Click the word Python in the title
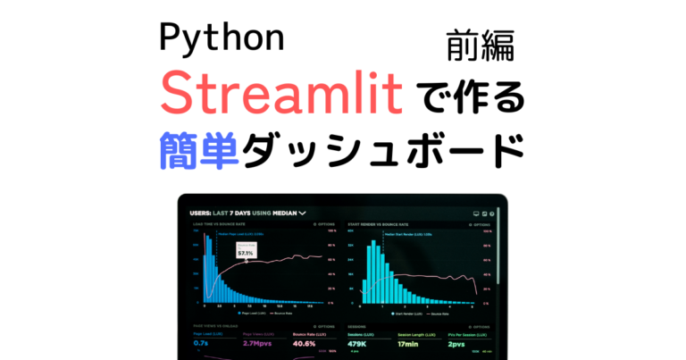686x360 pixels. pyautogui.click(x=222, y=39)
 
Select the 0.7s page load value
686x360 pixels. pyautogui.click(x=201, y=343)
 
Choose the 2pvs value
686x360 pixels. pyautogui.click(x=456, y=343)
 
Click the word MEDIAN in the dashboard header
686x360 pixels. pyautogui.click(x=284, y=213)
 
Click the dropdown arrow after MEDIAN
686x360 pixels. pyautogui.click(x=303, y=213)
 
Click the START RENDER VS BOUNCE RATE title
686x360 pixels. pyautogui.click(x=385, y=225)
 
